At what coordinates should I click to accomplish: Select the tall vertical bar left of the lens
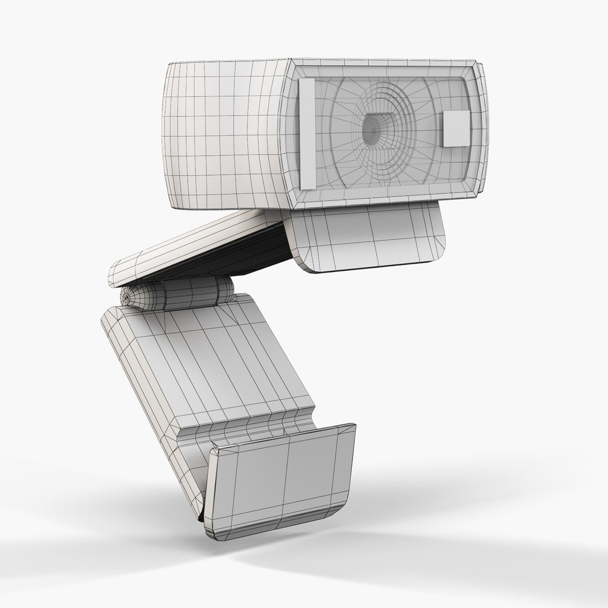point(309,133)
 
